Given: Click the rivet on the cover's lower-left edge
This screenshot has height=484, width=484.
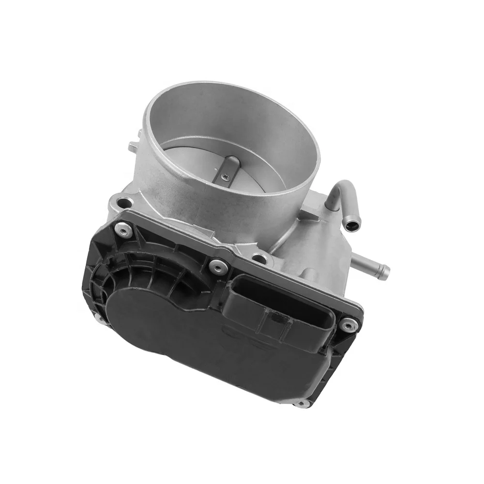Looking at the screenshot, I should (98, 318).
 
